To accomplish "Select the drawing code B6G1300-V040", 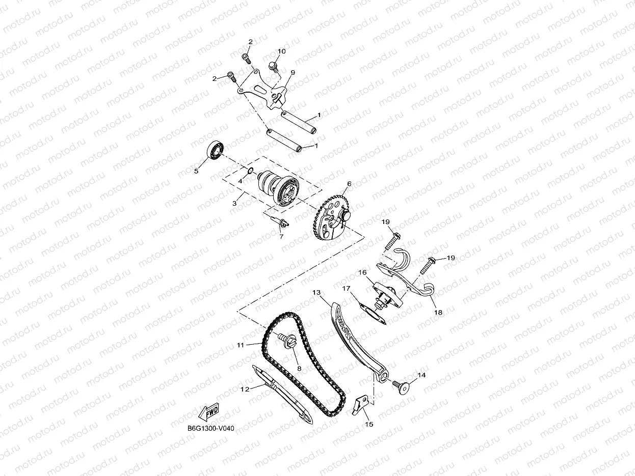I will [x=210, y=428].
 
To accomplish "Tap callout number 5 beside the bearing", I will [x=196, y=171].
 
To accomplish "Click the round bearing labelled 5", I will [x=215, y=150].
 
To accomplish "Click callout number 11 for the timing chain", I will [x=240, y=345].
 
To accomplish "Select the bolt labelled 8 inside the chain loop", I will [x=287, y=342].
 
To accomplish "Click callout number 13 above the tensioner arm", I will [x=316, y=293].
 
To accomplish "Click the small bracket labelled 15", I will [x=362, y=406].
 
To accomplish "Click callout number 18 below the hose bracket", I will [x=438, y=313].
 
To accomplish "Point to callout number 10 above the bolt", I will [x=281, y=51].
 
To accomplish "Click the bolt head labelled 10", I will [x=273, y=66].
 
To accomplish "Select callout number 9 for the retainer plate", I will [x=293, y=73].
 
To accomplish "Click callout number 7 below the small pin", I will [x=280, y=237].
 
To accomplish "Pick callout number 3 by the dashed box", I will [x=234, y=203].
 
